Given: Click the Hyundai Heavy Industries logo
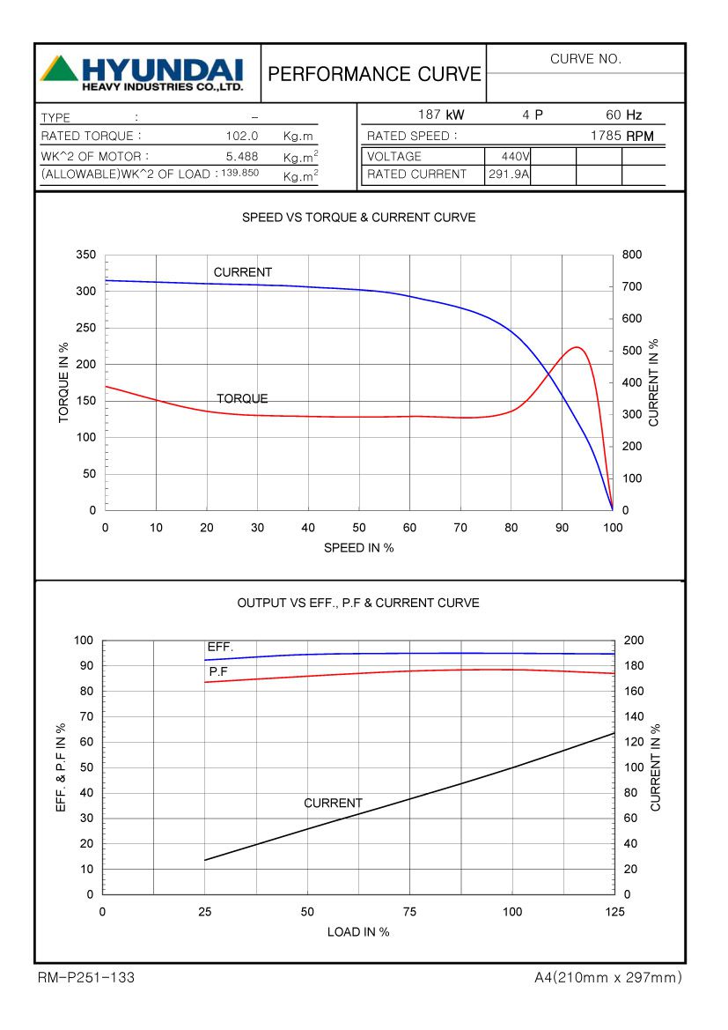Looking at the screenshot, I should tap(141, 73).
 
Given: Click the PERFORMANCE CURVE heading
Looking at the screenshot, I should tap(375, 74).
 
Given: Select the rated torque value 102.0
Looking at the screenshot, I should tap(242, 137).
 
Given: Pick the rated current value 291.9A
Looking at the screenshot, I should tap(509, 174).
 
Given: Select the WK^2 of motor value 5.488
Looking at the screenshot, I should tap(242, 156).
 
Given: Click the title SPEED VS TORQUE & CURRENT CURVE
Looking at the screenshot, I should tap(358, 218).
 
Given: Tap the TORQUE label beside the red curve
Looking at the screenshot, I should tap(242, 399).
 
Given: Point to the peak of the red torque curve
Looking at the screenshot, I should tap(577, 347).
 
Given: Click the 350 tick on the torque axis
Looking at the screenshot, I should tap(85, 255).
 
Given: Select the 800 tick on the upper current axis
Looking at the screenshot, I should tap(632, 255).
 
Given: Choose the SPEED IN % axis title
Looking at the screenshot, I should tap(358, 548).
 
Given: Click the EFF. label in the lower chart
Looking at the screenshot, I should tap(220, 647).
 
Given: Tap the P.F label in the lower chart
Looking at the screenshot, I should tap(219, 671).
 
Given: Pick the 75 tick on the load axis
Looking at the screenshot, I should tap(409, 912).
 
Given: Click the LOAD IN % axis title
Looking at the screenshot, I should tap(358, 932).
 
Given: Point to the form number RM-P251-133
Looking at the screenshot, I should tap(86, 978).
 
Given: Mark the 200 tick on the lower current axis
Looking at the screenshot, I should tap(634, 641).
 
